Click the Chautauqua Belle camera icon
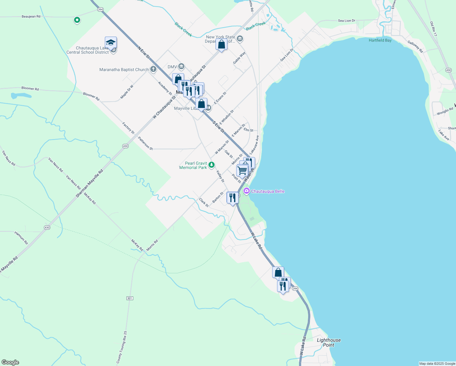(247, 191)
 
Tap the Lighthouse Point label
(329, 343)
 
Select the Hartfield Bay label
(380, 40)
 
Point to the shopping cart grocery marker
(242, 170)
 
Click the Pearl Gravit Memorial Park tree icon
(211, 165)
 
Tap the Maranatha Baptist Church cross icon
(153, 70)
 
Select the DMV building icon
(181, 66)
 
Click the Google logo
(10, 362)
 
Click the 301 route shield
(130, 298)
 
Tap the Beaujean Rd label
(31, 16)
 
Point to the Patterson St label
(145, 143)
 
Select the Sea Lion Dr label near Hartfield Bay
(347, 21)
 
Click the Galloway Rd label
(415, 47)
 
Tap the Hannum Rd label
(21, 238)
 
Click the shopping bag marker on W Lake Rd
(278, 272)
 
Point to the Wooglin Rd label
(445, 112)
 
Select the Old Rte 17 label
(433, 29)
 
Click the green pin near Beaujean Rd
(77, 20)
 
